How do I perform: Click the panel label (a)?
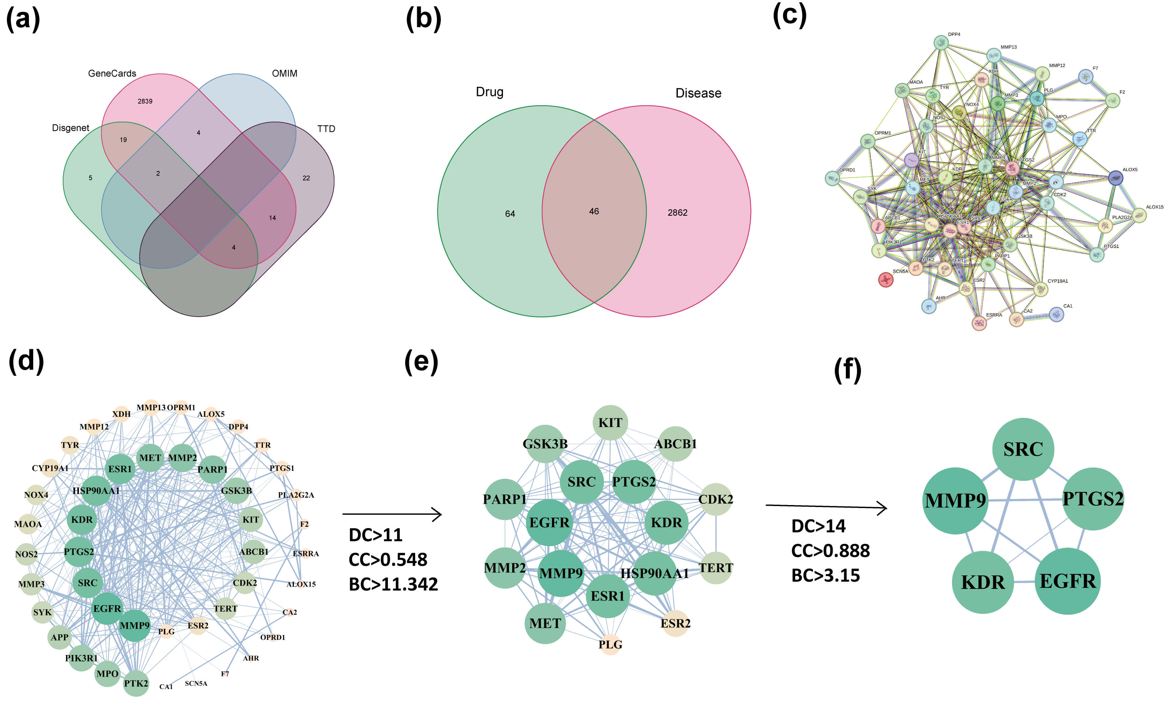(23, 19)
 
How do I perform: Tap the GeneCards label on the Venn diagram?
(112, 73)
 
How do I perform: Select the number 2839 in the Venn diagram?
(145, 101)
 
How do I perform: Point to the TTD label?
(326, 129)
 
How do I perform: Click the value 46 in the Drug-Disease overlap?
(594, 211)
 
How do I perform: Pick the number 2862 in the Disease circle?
(677, 212)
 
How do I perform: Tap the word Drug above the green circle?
(489, 92)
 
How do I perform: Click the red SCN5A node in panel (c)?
(885, 280)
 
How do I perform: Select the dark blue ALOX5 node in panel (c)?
(1115, 178)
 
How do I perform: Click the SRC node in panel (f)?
(1023, 449)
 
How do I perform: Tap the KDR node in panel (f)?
(982, 582)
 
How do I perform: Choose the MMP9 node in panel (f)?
(955, 500)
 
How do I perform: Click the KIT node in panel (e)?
(610, 422)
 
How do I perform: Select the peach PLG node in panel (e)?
(610, 644)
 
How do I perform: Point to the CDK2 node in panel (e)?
(716, 499)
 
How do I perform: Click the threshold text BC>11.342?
(393, 584)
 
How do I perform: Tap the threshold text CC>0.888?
(830, 550)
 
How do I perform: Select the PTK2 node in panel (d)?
(136, 683)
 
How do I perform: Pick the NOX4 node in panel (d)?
(36, 495)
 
